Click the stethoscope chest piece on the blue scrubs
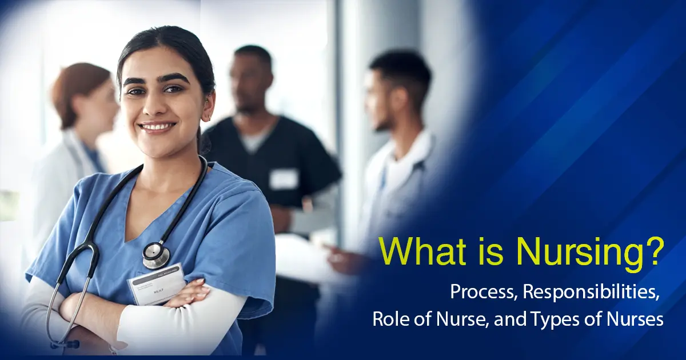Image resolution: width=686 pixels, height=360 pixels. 156,255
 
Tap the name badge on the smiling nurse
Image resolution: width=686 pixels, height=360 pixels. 155,283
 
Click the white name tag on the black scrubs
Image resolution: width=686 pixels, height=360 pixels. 284,179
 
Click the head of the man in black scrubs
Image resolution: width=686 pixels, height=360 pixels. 252,80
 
